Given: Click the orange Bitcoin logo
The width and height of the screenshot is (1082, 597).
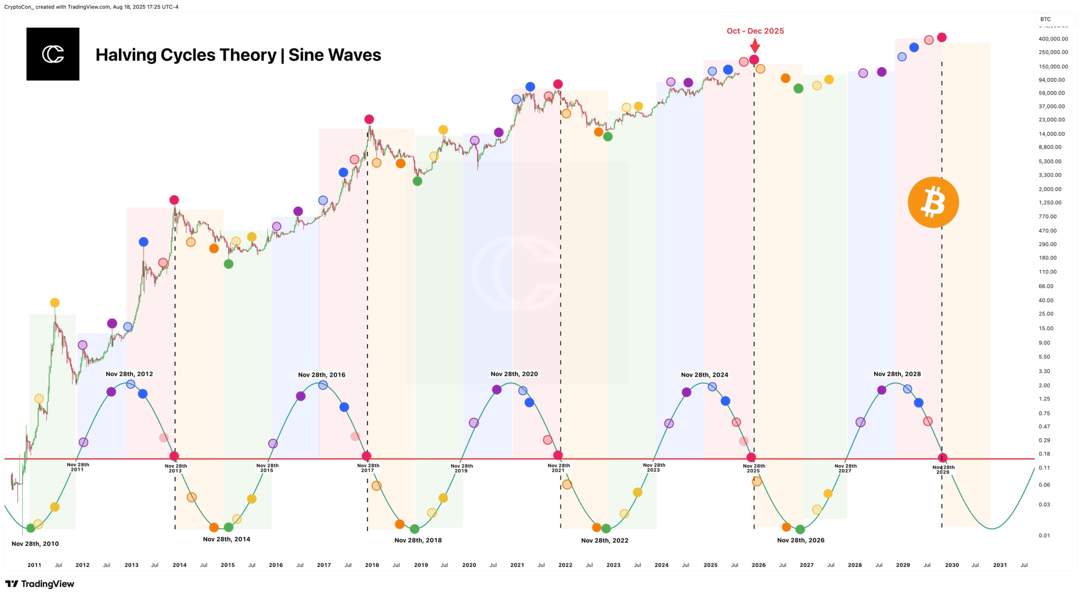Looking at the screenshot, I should click(933, 202).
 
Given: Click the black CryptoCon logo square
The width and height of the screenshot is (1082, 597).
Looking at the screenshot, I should click(53, 54).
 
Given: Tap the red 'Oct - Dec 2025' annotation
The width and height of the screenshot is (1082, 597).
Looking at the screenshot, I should click(755, 31).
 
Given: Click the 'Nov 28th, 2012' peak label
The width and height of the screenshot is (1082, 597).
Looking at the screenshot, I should click(129, 374).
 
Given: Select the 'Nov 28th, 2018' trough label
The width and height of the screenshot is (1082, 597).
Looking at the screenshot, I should click(418, 540).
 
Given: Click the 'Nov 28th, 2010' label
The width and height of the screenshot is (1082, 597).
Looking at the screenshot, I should click(35, 544).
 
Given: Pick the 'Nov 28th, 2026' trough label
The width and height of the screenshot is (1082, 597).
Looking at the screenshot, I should click(801, 540).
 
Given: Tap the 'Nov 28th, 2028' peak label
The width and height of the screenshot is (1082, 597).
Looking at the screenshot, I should click(897, 374).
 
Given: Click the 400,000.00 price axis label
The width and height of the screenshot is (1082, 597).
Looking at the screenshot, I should click(1053, 39).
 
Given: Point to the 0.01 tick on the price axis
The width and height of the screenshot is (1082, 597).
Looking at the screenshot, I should click(1044, 535).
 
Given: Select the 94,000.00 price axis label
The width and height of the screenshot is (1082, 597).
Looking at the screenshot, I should click(1052, 80).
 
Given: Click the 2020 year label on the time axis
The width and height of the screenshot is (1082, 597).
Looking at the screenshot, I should click(469, 565).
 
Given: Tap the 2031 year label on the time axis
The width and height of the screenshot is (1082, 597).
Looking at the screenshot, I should click(1000, 565).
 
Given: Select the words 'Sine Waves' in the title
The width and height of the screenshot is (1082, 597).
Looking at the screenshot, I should click(334, 55).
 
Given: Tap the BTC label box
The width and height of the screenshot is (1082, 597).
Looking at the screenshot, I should click(1046, 19).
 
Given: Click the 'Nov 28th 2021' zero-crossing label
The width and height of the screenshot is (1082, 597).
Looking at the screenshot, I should click(558, 468).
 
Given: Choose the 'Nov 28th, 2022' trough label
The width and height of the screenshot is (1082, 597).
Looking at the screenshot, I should click(604, 540).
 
